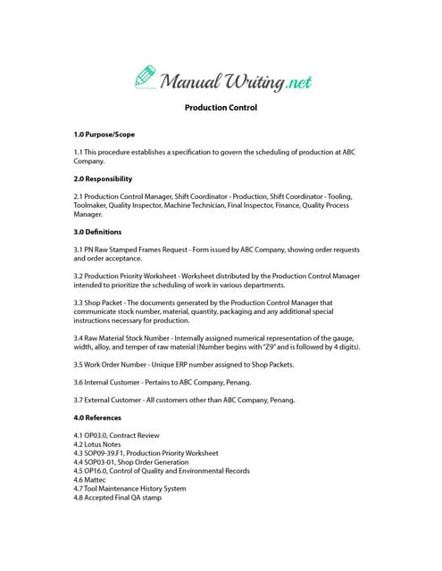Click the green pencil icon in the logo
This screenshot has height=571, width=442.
coord(146,76)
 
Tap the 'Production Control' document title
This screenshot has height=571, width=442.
coord(221,108)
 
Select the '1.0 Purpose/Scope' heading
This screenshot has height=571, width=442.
coord(104,134)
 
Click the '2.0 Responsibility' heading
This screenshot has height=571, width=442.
coord(103,178)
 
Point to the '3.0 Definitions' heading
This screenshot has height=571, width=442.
coord(97,231)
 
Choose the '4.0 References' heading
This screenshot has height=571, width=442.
coord(97,417)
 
